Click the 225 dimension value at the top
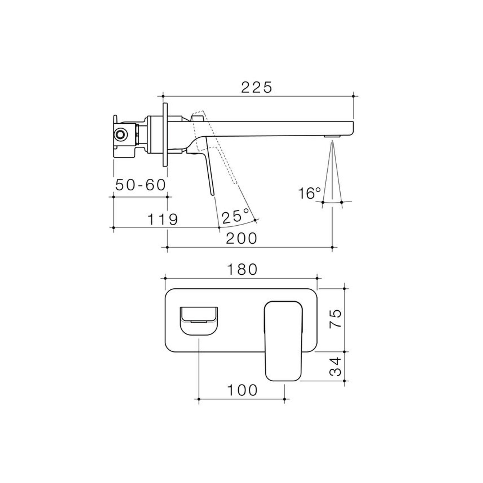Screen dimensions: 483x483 coord(256,87)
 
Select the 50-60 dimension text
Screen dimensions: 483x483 coord(141,185)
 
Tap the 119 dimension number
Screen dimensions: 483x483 coord(163,220)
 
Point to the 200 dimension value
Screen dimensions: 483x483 coord(241,238)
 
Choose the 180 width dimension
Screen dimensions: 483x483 coord(242,270)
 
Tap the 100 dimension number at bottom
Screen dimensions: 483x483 coord(242,390)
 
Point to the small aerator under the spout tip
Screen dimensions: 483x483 coord(333,136)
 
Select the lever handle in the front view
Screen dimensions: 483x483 coord(283,342)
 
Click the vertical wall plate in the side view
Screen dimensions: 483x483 coord(165,134)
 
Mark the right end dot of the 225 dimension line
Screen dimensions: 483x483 coord(354,96)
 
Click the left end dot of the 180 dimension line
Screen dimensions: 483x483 coord(165,278)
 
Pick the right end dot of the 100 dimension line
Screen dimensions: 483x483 coord(284,399)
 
